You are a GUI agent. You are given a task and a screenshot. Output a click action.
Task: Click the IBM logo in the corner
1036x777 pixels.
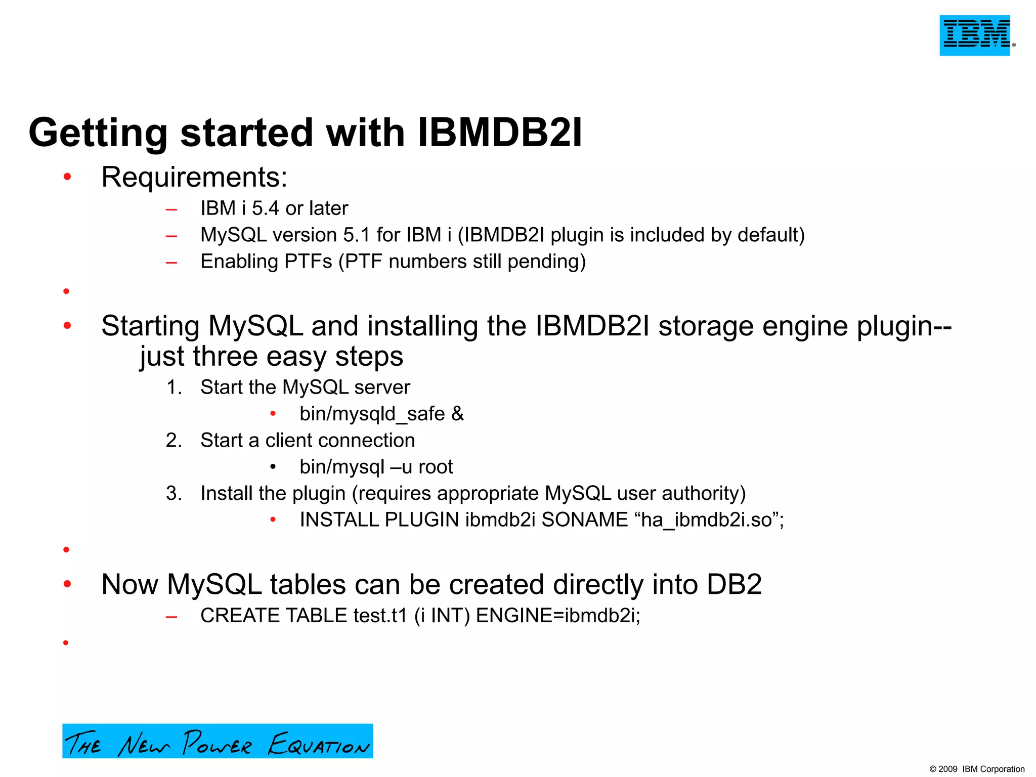tap(975, 35)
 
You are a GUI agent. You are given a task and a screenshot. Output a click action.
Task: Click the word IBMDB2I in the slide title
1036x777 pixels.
tap(500, 133)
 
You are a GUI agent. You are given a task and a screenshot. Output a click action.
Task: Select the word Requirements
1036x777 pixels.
tap(194, 178)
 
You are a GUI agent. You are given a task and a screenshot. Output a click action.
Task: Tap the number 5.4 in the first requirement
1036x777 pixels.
tap(266, 208)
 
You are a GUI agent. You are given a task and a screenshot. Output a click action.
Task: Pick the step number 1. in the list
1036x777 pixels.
tap(174, 387)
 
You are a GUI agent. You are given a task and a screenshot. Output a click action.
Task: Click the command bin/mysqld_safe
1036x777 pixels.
tap(372, 414)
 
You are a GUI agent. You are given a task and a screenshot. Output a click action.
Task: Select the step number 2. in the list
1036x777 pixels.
tap(174, 441)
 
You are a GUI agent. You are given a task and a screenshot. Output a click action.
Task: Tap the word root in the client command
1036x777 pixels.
tap(436, 467)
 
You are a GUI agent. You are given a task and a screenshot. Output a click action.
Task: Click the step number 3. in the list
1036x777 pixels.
tap(174, 494)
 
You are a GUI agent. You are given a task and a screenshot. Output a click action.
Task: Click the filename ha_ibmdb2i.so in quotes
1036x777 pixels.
tap(706, 520)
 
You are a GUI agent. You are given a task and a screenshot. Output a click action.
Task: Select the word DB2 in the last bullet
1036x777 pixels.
tap(734, 585)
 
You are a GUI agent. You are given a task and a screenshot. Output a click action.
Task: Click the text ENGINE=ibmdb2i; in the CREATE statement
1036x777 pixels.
tap(558, 616)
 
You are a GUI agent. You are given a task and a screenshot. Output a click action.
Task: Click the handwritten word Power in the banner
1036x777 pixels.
tap(217, 743)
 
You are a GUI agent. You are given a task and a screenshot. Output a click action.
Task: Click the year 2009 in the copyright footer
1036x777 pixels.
tap(948, 769)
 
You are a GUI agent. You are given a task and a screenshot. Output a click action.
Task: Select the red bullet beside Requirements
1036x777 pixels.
tap(67, 177)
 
